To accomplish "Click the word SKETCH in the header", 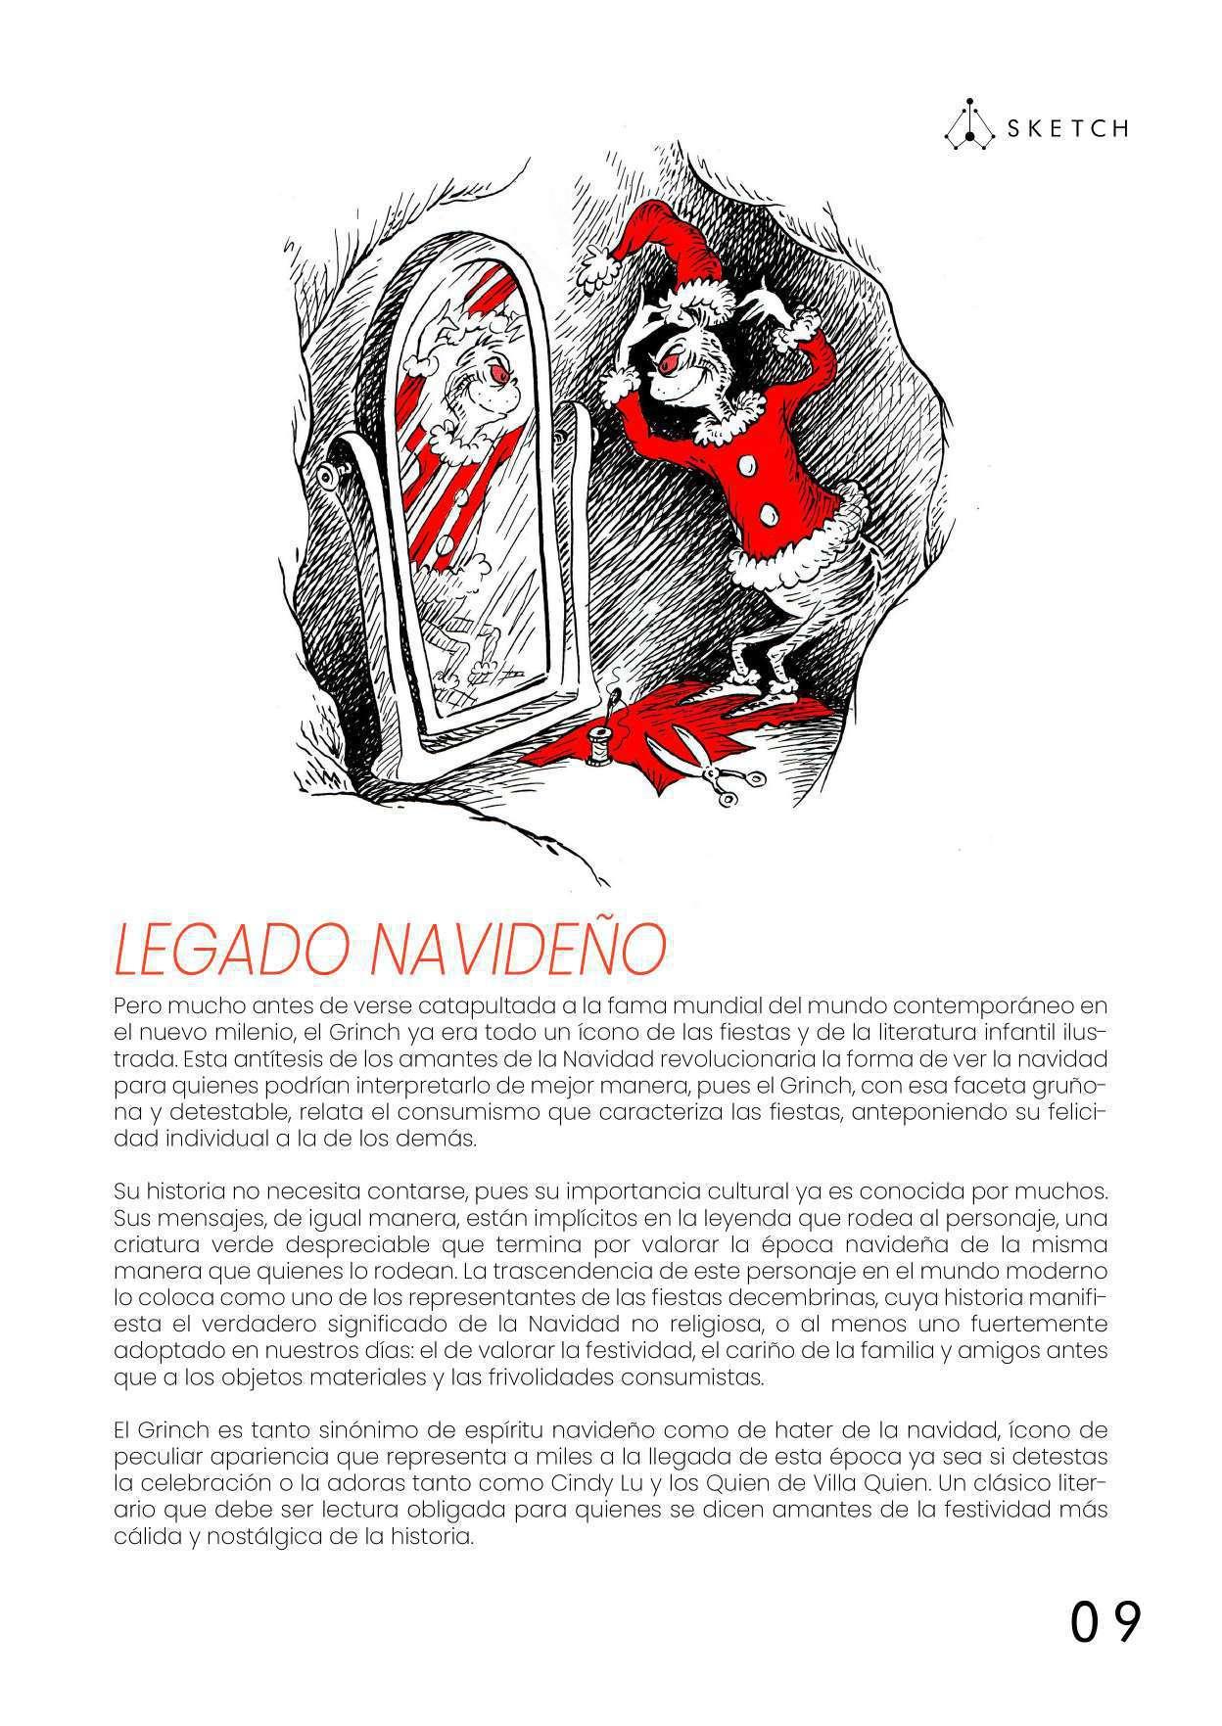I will (1066, 129).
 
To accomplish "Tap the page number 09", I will (1104, 1624).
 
